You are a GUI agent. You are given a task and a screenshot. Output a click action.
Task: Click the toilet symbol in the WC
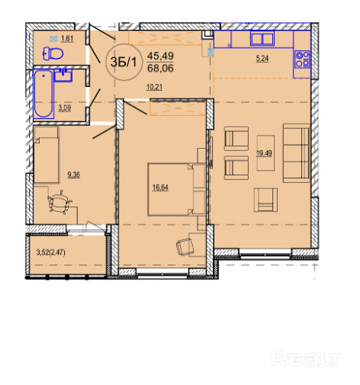click(x=53, y=53)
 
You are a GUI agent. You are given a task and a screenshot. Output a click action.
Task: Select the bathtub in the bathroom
click(x=43, y=94)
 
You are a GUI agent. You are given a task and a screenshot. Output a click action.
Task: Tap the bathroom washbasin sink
click(x=63, y=75)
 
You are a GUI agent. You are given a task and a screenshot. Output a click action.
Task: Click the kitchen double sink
click(x=262, y=38)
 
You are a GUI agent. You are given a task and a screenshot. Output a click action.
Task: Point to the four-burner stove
click(x=302, y=59)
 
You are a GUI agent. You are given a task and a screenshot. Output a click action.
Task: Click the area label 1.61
click(x=67, y=39)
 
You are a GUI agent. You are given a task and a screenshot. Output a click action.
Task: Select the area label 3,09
click(x=65, y=108)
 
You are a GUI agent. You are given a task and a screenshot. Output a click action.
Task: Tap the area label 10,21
click(x=154, y=88)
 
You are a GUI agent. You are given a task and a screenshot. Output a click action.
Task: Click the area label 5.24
click(x=262, y=59)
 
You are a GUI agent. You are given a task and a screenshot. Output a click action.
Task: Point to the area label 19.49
click(x=265, y=153)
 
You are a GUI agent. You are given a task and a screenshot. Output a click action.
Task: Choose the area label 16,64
click(x=160, y=188)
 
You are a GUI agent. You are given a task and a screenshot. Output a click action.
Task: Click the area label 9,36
click(x=74, y=175)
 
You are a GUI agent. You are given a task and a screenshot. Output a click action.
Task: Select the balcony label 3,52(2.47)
click(x=51, y=252)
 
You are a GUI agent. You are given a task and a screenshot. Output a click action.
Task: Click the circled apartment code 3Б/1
click(x=124, y=62)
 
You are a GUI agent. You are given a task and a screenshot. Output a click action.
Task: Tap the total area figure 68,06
click(x=160, y=68)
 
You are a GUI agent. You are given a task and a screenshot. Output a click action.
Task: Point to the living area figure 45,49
click(x=160, y=56)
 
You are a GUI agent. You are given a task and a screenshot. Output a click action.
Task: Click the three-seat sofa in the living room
click(x=296, y=153)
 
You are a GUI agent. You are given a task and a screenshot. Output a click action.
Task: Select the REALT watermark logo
click(x=307, y=358)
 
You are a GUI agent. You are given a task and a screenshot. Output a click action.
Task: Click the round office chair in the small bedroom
click(x=59, y=202)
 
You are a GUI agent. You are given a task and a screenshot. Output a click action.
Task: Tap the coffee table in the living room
click(x=265, y=152)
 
